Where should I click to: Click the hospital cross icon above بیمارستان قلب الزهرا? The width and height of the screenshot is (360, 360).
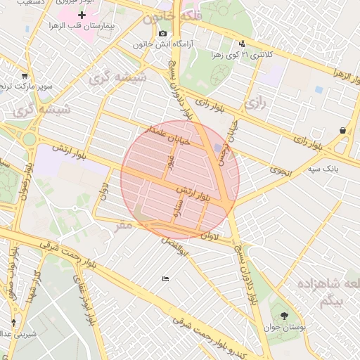(x=82, y=15)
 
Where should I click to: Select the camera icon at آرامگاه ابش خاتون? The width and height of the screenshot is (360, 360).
(x=163, y=33)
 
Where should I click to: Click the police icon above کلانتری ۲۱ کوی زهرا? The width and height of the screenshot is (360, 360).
(x=243, y=42)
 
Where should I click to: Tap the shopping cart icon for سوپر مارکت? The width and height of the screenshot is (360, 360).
(x=25, y=76)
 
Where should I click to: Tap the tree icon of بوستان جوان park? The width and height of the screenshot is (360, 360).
(x=284, y=316)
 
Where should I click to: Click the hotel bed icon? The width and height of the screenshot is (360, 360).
(x=165, y=279)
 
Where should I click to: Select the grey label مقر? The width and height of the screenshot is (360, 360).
(x=124, y=225)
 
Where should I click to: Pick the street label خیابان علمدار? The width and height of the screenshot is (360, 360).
(x=166, y=136)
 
